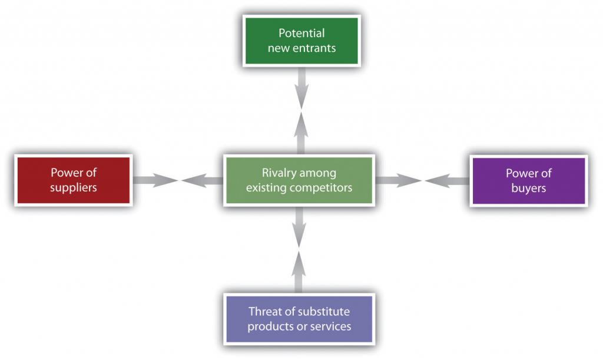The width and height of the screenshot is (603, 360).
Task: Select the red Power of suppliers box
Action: tap(73, 180)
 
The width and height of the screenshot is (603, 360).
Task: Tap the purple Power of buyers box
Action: tap(528, 180)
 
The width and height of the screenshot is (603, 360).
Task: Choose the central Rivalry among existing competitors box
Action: tap(299, 180)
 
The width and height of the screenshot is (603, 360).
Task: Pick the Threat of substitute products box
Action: tap(299, 318)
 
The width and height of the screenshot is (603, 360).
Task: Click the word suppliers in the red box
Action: tap(73, 188)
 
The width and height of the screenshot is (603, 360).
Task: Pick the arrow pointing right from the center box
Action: tap(398, 180)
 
